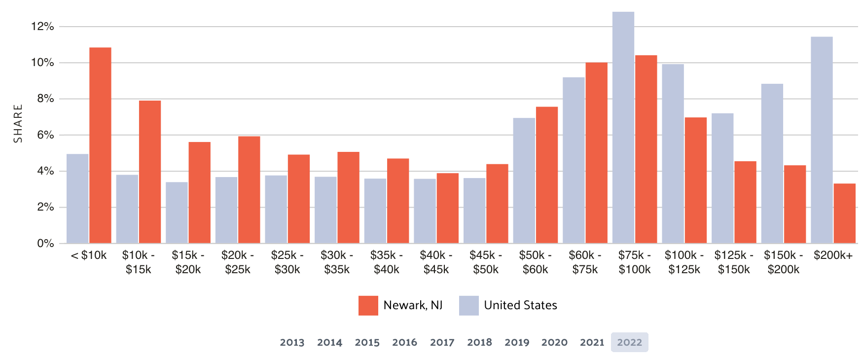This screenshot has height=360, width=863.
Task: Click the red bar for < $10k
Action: click(x=100, y=145)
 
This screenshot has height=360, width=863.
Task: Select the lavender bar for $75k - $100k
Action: click(x=623, y=127)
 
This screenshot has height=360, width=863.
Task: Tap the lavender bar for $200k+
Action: click(x=822, y=140)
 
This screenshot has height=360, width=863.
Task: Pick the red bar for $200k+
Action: click(x=844, y=213)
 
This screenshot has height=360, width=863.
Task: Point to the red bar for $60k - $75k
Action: click(x=597, y=153)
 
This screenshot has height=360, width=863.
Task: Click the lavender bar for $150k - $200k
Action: click(x=772, y=163)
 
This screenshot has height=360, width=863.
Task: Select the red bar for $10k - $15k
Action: click(x=150, y=172)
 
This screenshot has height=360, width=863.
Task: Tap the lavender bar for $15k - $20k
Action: click(x=177, y=213)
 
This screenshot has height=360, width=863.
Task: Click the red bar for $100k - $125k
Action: click(x=696, y=180)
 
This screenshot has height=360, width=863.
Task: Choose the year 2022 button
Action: click(x=629, y=342)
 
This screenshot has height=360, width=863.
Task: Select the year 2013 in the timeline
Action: click(x=292, y=342)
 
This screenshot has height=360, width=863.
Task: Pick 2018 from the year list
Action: click(x=479, y=342)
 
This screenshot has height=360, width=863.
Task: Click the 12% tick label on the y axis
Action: click(x=42, y=27)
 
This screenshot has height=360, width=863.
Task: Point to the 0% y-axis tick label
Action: click(x=45, y=243)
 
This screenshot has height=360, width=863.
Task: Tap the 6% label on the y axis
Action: click(x=45, y=135)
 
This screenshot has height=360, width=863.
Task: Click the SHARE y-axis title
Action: click(x=18, y=123)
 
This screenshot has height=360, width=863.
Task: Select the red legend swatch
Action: click(x=368, y=305)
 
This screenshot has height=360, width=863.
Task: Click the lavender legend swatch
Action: click(x=468, y=305)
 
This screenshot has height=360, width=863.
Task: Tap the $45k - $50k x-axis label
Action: click(x=486, y=262)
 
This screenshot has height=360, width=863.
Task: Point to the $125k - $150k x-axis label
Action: click(x=734, y=262)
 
